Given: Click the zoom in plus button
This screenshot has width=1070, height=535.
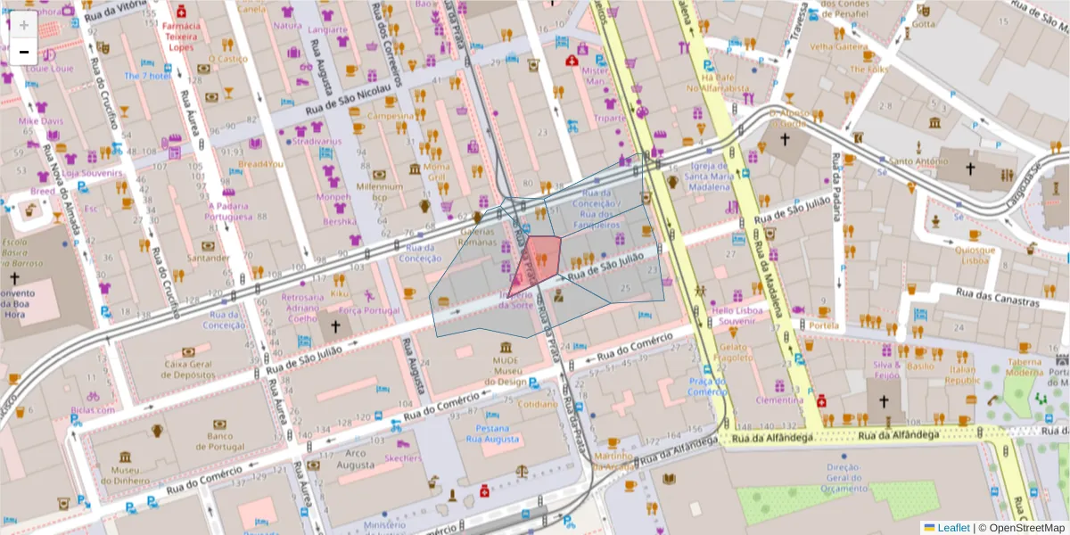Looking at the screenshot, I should (x=24, y=25).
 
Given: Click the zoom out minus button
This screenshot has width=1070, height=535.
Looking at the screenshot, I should (x=24, y=52).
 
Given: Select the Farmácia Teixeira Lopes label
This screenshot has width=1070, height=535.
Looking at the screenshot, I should (x=181, y=36).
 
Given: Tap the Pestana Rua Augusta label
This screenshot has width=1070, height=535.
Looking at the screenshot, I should (x=493, y=433).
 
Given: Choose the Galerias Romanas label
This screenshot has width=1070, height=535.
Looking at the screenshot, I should (x=477, y=235).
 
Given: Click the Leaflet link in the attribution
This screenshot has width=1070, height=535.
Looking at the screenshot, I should (x=953, y=528).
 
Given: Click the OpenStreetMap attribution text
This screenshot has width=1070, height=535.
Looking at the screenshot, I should (x=1025, y=528).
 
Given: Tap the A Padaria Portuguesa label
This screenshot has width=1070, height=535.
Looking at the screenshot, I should (x=229, y=210).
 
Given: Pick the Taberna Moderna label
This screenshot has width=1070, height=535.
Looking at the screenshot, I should (x=1024, y=366).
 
